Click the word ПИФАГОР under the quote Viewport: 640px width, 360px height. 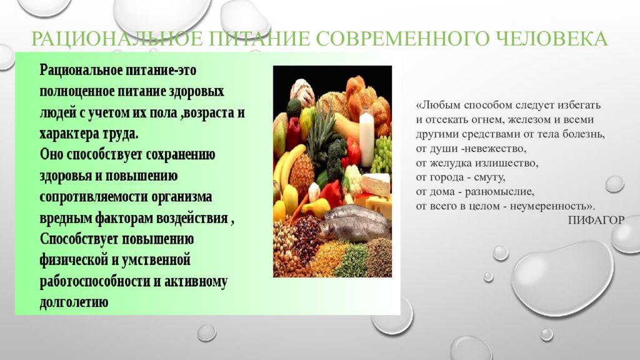coord(596,219)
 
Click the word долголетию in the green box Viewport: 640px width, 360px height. coord(74,302)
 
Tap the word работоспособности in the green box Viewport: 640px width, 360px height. coord(94,282)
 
